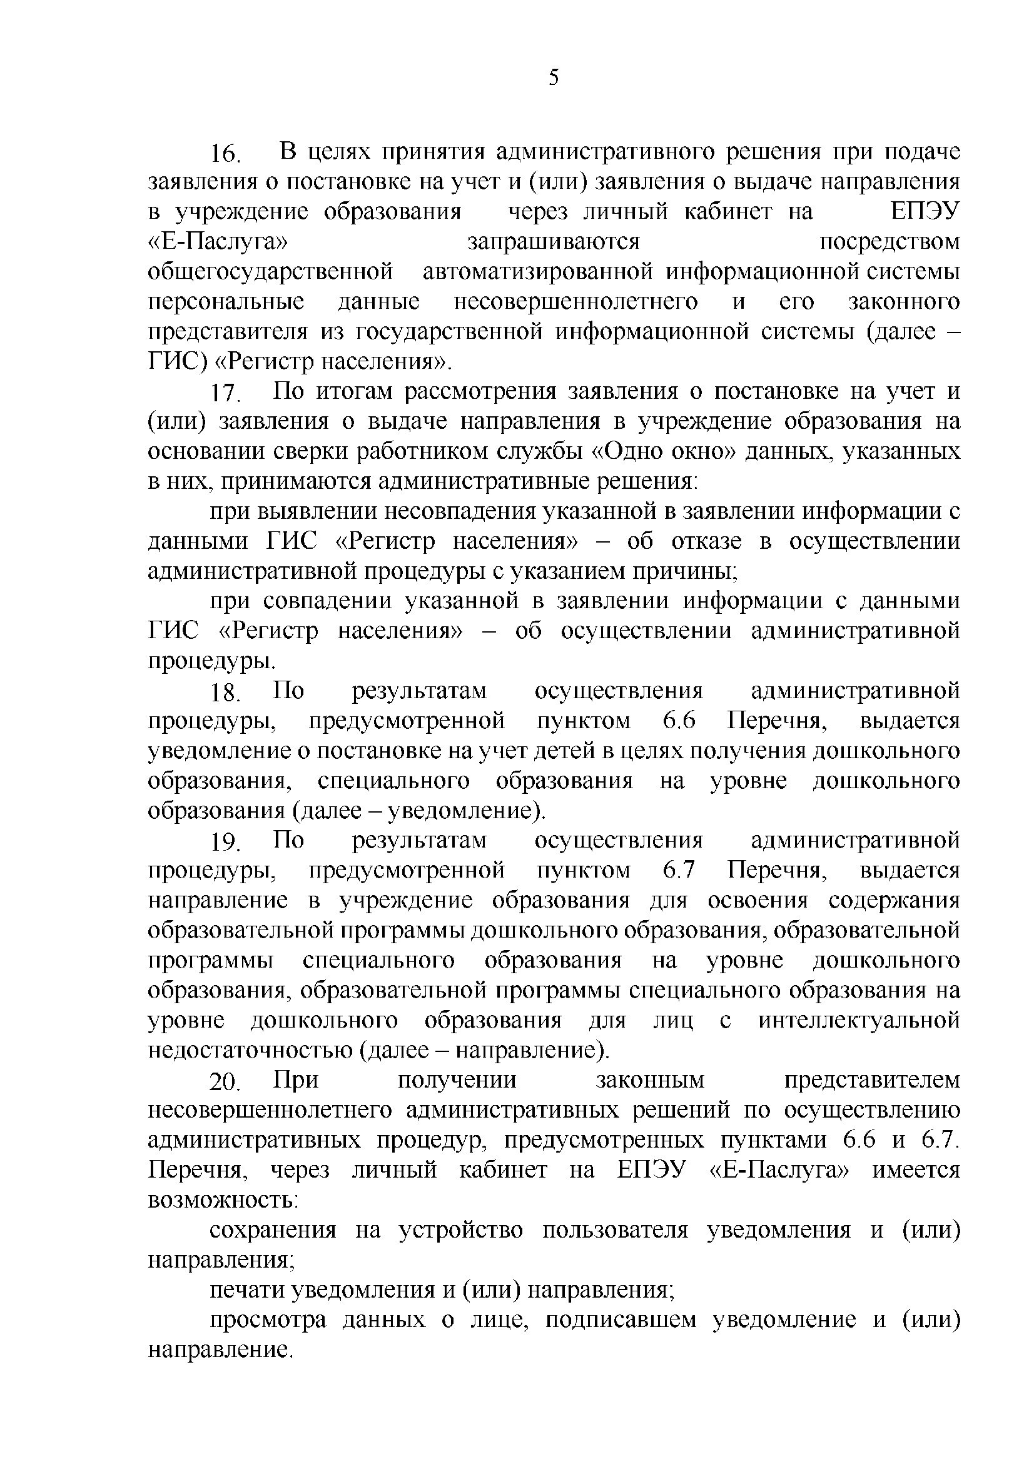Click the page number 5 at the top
[x=553, y=78]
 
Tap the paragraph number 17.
[x=226, y=393]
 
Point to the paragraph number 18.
[x=226, y=693]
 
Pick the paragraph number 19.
[x=226, y=843]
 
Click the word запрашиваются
[x=553, y=243]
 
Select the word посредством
[x=889, y=243]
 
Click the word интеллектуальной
[x=859, y=1021]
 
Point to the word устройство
[x=460, y=1230]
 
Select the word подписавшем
[x=619, y=1320]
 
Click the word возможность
[x=222, y=1200]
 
